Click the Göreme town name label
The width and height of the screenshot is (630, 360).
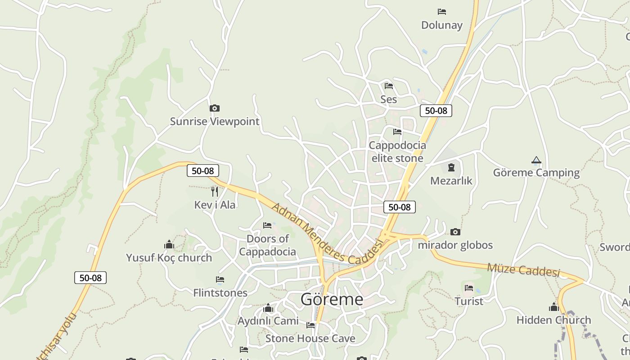click(x=332, y=299)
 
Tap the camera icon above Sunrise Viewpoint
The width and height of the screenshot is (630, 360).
click(x=215, y=108)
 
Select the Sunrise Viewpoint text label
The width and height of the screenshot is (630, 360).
click(x=215, y=121)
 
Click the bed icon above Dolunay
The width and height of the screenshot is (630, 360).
click(x=442, y=12)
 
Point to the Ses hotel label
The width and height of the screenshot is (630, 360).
click(x=388, y=99)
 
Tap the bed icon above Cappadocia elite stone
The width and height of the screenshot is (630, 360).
click(x=397, y=132)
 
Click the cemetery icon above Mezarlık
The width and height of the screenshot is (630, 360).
click(x=451, y=168)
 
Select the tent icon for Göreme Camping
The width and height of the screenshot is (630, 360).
click(x=536, y=160)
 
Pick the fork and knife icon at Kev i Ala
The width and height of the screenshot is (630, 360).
click(x=215, y=192)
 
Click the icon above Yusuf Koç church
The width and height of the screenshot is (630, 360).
click(x=169, y=244)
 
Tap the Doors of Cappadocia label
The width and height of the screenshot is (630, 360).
click(x=267, y=245)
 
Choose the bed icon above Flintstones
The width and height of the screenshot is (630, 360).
click(x=220, y=280)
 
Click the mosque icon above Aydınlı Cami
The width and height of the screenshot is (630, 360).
click(x=268, y=308)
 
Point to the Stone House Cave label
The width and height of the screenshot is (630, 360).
click(x=310, y=338)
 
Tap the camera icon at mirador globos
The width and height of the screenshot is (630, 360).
click(x=455, y=232)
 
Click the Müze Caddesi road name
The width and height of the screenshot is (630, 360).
click(x=523, y=270)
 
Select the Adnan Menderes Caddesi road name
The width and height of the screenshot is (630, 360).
click(x=327, y=233)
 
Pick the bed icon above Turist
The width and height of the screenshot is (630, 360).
click(x=469, y=288)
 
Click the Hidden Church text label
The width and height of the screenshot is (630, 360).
click(x=553, y=320)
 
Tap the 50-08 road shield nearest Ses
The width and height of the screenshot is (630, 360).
click(x=436, y=111)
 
